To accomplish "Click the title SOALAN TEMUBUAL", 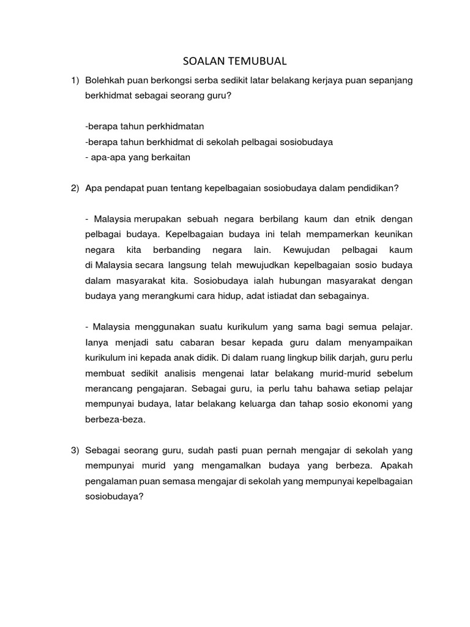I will pyautogui.click(x=235, y=61).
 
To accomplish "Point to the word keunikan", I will pyautogui.click(x=390, y=233).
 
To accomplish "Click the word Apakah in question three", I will pyautogui.click(x=398, y=466).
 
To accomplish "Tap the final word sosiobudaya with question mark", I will pyautogui.click(x=114, y=497).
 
